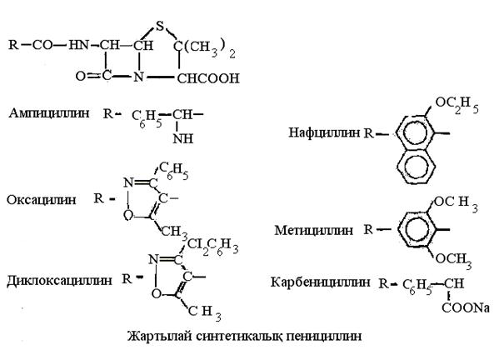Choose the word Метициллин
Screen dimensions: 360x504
pyautogui.click(x=312, y=228)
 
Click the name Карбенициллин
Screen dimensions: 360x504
pyautogui.click(x=321, y=282)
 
